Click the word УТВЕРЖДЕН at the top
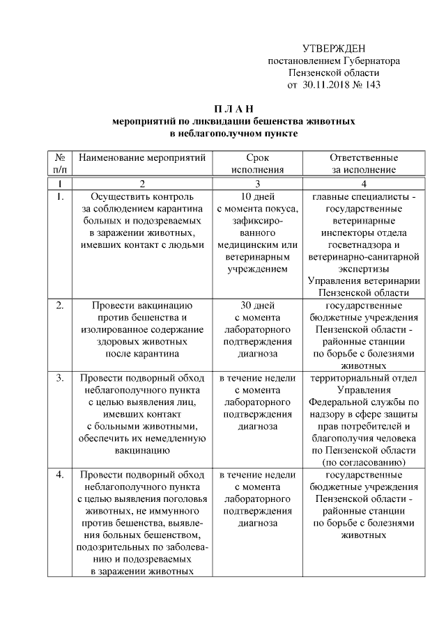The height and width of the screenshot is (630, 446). tap(334, 48)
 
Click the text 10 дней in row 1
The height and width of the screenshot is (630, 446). tap(258, 197)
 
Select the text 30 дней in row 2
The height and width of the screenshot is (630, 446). tap(258, 305)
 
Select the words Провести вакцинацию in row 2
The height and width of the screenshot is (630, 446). tap(143, 305)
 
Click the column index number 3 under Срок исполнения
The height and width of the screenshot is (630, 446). tap(258, 183)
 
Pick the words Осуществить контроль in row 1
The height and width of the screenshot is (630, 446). tap(143, 197)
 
